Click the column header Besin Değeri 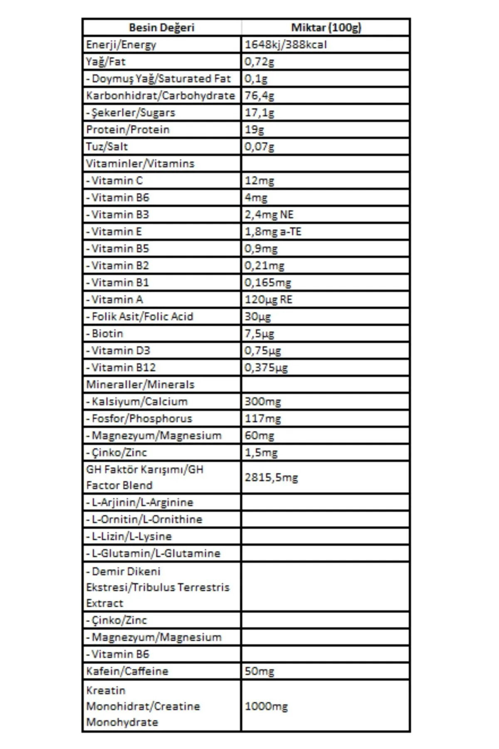point(161,27)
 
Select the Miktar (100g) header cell point(326,27)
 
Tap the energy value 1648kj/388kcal point(285,45)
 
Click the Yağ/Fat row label point(106,62)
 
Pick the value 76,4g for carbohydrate point(259,96)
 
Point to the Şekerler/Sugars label point(131,113)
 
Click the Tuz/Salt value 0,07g point(259,146)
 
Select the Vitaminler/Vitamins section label point(140,164)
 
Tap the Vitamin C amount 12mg point(259,181)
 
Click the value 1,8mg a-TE point(273,231)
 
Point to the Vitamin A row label point(115,300)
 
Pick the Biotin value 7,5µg point(259,334)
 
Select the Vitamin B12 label point(121,367)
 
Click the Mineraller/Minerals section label point(140,384)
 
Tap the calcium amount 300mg point(262,402)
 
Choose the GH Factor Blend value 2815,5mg point(271,477)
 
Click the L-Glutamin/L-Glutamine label point(153,553)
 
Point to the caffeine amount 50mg point(259,671)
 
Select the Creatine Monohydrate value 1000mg point(266,706)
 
